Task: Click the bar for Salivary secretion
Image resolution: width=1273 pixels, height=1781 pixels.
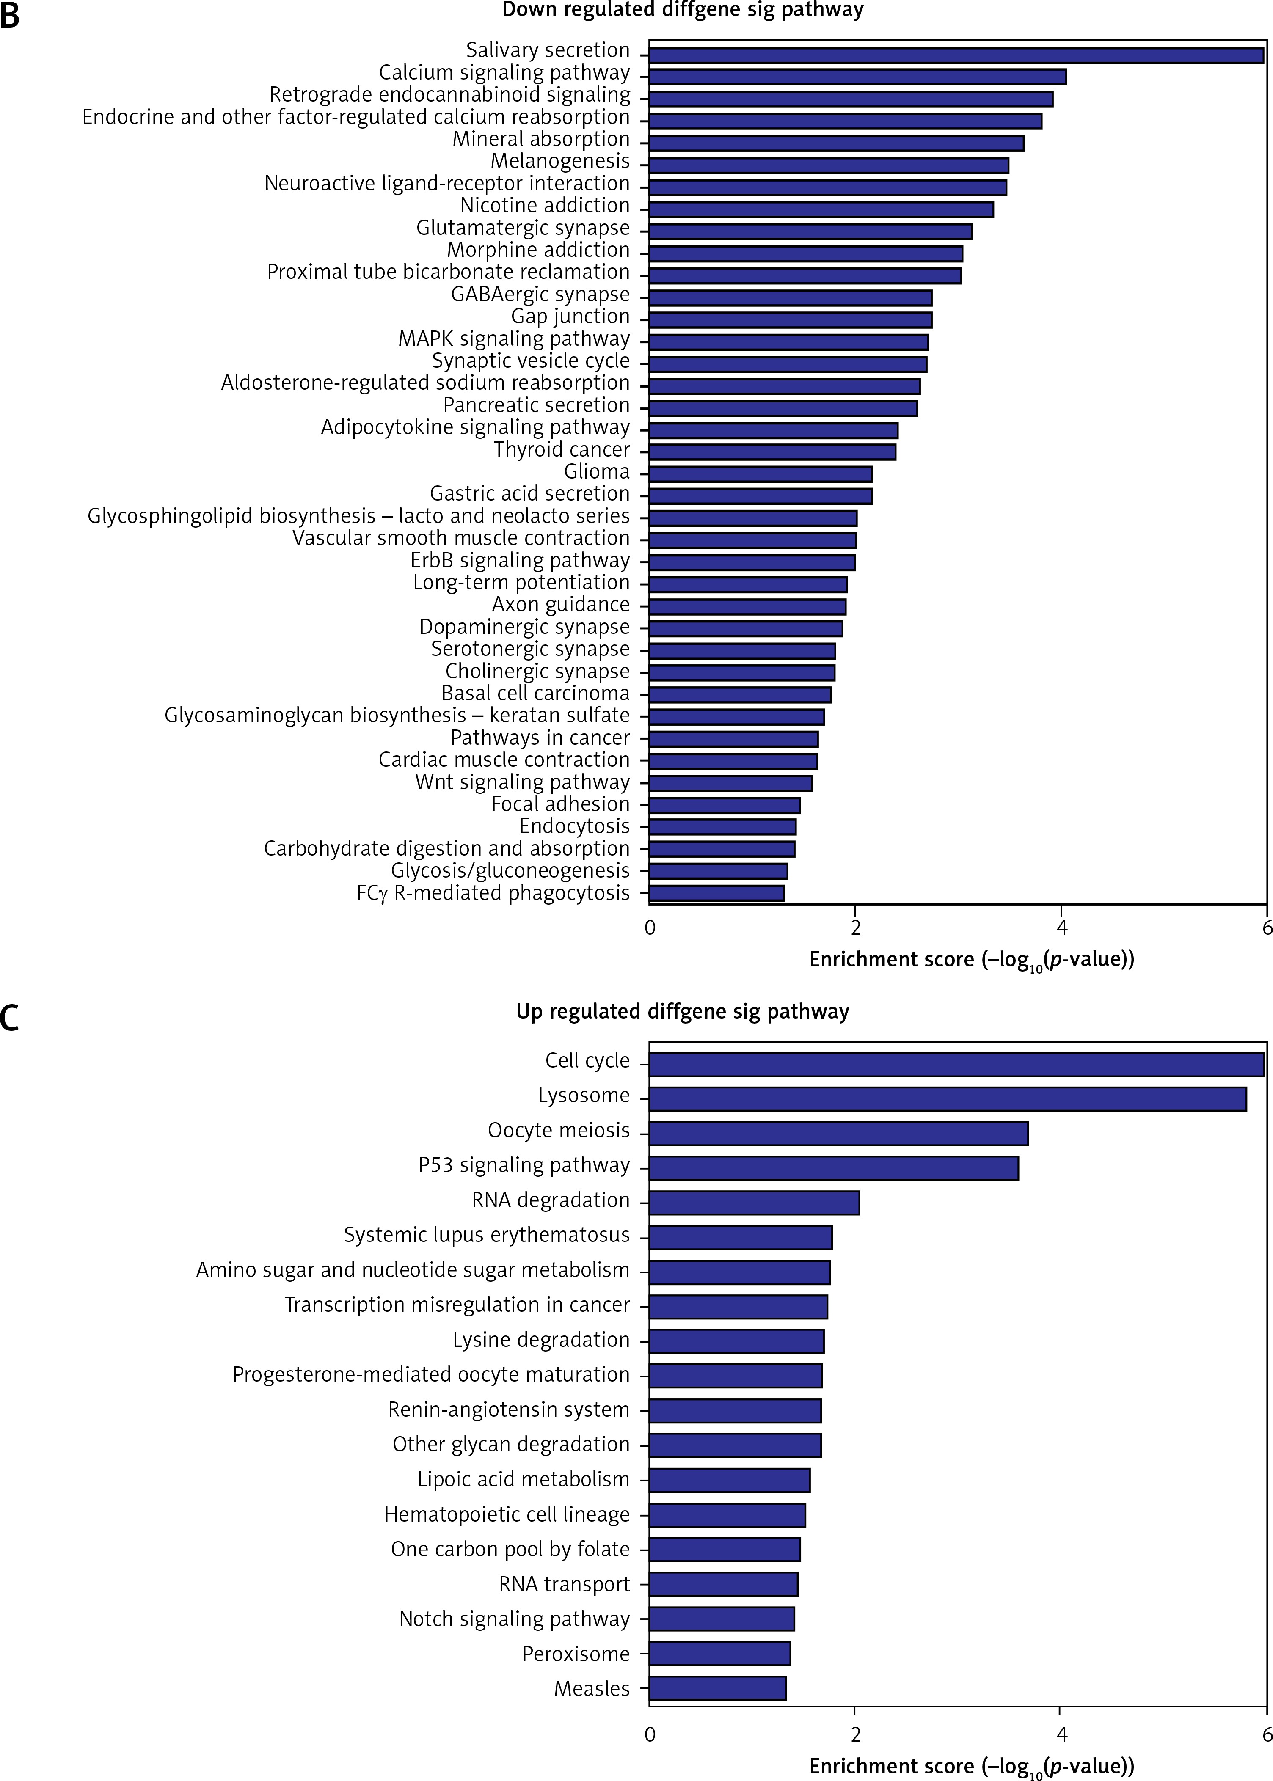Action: [x=956, y=55]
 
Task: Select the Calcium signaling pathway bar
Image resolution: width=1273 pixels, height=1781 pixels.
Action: [x=857, y=77]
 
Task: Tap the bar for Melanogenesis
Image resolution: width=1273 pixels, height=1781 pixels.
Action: [x=829, y=165]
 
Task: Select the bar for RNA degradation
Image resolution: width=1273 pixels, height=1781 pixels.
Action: [x=754, y=1203]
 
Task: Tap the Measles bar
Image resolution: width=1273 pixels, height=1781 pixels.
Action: [x=717, y=1688]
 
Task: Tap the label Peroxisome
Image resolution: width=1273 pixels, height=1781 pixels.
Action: [x=576, y=1653]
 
